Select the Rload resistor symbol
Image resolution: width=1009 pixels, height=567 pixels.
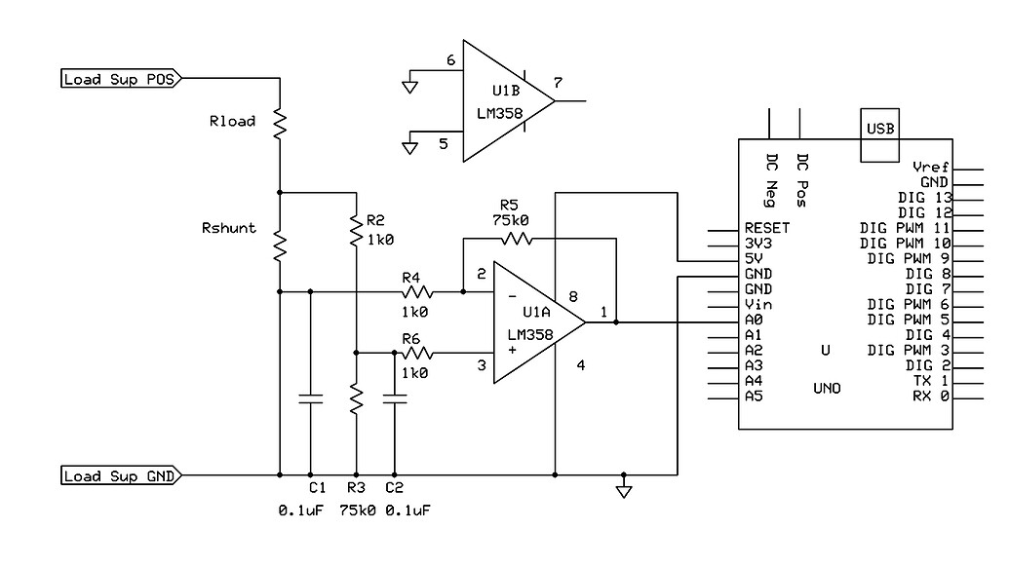click(279, 123)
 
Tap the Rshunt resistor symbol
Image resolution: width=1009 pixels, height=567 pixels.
click(279, 246)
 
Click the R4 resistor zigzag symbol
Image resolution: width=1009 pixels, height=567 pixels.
click(418, 290)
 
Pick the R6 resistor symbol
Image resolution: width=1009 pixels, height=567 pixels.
click(417, 353)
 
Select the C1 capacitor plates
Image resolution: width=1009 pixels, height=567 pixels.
click(310, 398)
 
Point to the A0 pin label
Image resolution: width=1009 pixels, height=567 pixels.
click(753, 320)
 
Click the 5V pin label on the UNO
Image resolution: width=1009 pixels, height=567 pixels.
click(753, 259)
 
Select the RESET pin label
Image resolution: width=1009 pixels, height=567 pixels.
click(766, 229)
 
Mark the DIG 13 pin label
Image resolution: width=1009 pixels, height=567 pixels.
click(922, 197)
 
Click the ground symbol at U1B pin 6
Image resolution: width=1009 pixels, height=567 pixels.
click(409, 87)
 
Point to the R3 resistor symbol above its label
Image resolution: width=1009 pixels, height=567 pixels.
click(356, 397)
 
